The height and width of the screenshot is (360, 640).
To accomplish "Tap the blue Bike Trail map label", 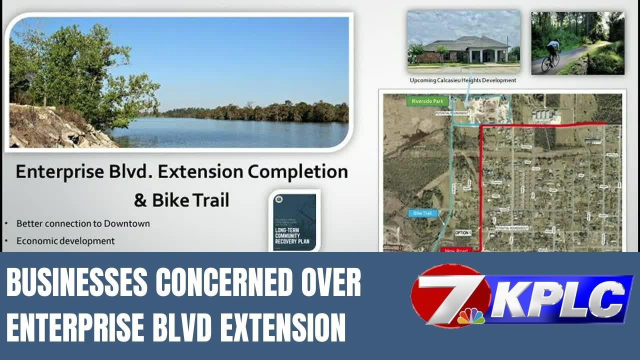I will click(422, 213).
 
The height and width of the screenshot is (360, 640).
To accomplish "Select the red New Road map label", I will click(456, 249).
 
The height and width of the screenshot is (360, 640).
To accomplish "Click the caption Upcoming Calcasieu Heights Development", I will click(463, 80).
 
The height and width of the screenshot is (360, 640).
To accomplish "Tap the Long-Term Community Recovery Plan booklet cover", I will click(295, 221).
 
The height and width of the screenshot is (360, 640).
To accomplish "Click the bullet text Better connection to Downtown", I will click(83, 223).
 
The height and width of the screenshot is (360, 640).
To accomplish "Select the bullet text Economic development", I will click(65, 240).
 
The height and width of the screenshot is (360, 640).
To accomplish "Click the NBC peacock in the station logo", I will click(470, 316).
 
